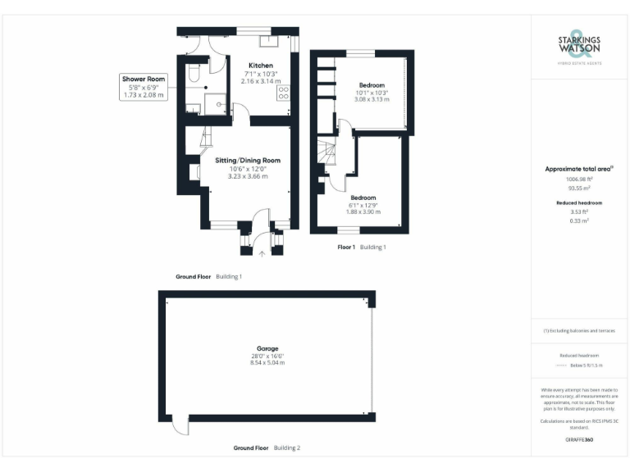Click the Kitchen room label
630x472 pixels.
[261, 66]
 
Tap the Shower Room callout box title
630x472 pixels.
[144, 79]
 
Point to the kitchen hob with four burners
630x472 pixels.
[284, 93]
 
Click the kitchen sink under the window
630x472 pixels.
[270, 39]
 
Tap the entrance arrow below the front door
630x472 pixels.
[262, 253]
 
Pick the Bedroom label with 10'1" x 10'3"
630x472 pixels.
[372, 85]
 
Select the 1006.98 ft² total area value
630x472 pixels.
[579, 178]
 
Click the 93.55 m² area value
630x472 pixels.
[579, 186]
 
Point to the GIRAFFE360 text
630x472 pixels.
[579, 440]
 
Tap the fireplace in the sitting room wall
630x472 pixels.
[194, 171]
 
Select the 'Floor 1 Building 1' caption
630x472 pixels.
[362, 247]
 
